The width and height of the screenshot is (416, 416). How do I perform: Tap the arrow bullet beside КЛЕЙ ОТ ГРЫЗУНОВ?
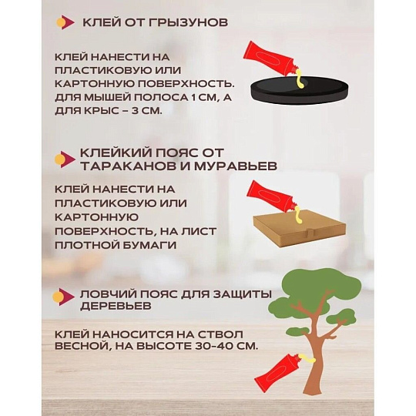(x=65, y=22)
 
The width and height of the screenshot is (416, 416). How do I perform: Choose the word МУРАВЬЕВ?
(x=236, y=166)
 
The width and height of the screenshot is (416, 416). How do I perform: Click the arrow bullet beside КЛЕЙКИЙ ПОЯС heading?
(x=65, y=159)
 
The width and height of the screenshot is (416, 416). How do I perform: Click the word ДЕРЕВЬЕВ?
(x=116, y=306)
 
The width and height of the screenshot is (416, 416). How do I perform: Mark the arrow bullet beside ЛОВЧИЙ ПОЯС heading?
(x=63, y=297)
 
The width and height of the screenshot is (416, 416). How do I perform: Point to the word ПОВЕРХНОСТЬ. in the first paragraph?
(x=186, y=84)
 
